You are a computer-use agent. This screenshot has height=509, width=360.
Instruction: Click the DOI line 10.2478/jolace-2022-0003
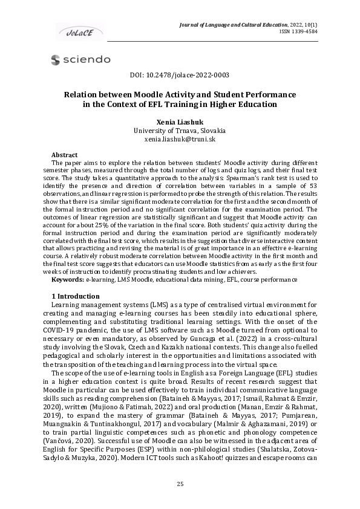pyautogui.click(x=180, y=76)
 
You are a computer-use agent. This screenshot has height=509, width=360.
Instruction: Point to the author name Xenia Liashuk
pyautogui.click(x=180, y=122)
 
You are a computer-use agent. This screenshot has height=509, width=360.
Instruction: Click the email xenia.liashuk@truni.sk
pyautogui.click(x=180, y=139)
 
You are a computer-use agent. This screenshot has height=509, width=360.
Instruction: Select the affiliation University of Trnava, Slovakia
pyautogui.click(x=180, y=131)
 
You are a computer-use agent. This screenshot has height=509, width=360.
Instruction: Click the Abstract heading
pyautogui.click(x=64, y=155)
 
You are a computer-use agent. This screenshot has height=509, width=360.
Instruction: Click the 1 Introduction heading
pyautogui.click(x=76, y=296)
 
